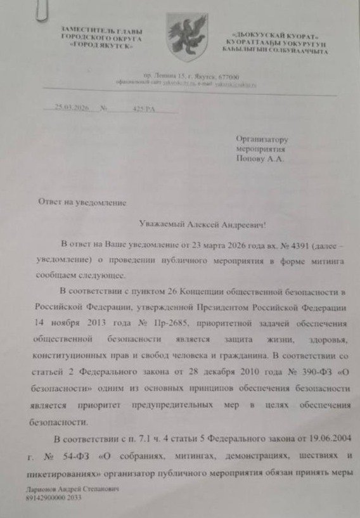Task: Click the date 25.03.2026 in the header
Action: click(x=70, y=108)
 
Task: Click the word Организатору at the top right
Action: click(x=262, y=138)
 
